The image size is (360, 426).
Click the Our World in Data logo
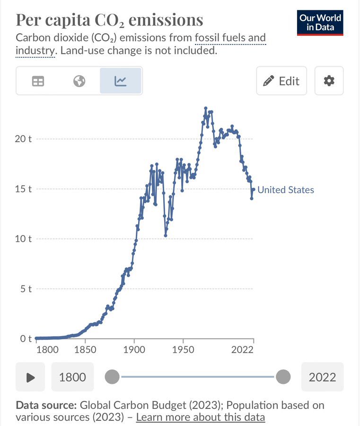[320, 23]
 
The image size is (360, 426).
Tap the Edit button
[281, 81]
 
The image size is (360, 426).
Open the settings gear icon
[329, 81]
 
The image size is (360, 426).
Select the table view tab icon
[38, 81]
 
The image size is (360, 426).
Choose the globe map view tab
[79, 81]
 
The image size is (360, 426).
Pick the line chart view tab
[121, 81]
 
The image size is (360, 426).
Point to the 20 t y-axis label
[23, 139]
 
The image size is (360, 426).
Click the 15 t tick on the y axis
[23, 189]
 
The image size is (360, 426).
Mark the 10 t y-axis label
[23, 239]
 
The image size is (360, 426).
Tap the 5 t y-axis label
[25, 289]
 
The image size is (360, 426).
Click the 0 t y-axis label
[25, 338]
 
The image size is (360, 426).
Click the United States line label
[286, 190]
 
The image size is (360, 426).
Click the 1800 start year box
[72, 377]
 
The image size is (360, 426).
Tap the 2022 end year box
[322, 377]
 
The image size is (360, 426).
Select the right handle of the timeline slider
[283, 377]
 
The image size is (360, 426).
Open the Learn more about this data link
[200, 417]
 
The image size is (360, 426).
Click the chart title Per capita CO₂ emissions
[109, 20]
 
